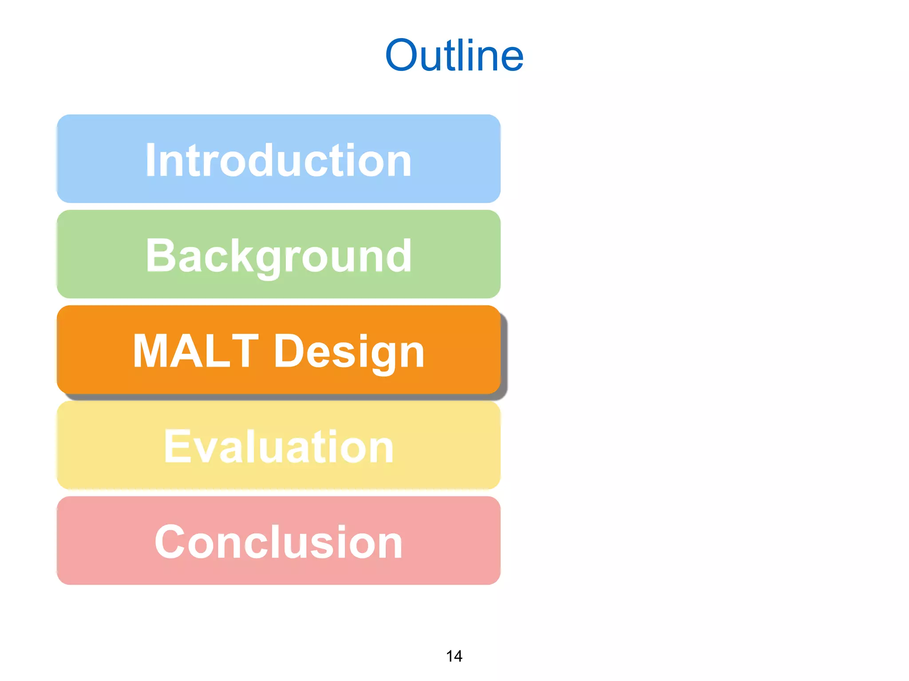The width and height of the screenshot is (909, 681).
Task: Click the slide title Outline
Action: (454, 55)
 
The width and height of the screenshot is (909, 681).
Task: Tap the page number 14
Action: (454, 656)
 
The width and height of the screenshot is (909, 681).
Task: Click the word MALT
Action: (195, 351)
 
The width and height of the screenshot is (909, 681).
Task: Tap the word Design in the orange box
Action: (349, 351)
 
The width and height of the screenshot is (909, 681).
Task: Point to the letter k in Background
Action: (249, 255)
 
